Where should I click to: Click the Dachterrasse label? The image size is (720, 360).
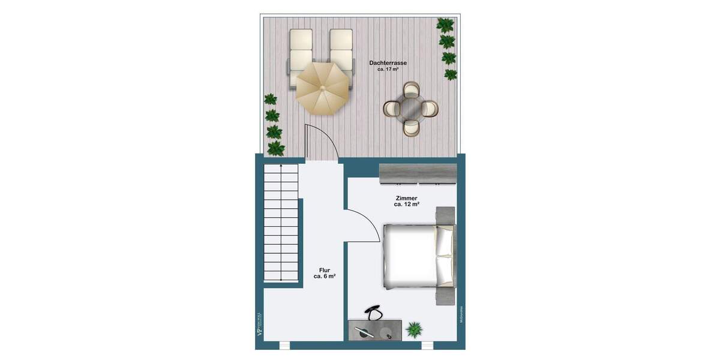pos(389,62)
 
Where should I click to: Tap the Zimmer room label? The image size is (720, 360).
pos(406,198)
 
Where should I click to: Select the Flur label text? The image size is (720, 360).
pos(324,270)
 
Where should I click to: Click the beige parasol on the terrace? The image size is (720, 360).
pos(322,88)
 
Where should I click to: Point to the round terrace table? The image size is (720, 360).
pos(412,109)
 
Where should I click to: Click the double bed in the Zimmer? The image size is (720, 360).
pos(414,256)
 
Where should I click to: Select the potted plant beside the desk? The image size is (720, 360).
pos(414,328)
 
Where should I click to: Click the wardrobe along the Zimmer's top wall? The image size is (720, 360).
pos(418,173)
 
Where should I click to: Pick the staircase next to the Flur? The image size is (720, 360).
pos(281,224)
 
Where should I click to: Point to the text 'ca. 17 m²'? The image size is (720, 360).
pos(389,70)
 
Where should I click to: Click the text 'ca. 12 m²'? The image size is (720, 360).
pos(406,205)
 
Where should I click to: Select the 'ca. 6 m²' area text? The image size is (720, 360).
pos(324,277)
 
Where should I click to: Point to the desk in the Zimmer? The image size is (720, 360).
pos(374,331)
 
